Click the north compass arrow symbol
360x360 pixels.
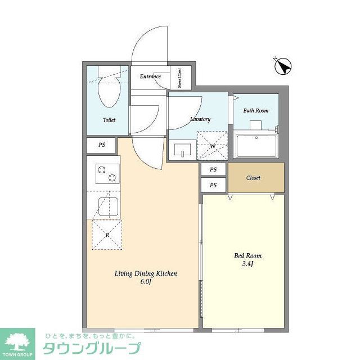[283, 67]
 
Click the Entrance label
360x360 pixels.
[150, 76]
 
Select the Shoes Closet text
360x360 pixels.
[179, 78]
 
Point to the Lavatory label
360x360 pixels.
[200, 119]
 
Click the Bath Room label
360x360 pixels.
[255, 110]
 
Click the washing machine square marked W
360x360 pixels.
[212, 146]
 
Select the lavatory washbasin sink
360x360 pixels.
[182, 151]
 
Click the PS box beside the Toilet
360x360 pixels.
[102, 145]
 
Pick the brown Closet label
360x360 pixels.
[253, 178]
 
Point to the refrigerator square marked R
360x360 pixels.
[107, 235]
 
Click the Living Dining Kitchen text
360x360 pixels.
[146, 273]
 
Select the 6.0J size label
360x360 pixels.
[146, 282]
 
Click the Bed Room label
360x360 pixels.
[247, 255]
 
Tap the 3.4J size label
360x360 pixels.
[247, 264]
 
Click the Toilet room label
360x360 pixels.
[109, 120]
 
